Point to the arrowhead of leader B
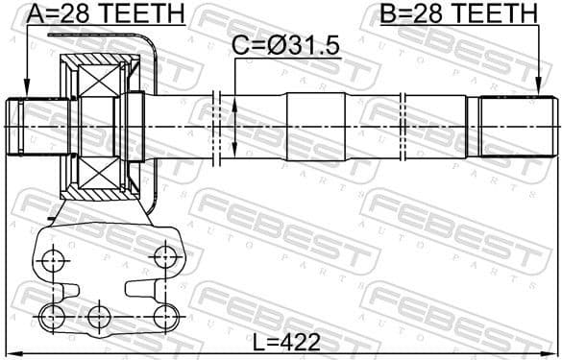coord(538,92)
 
